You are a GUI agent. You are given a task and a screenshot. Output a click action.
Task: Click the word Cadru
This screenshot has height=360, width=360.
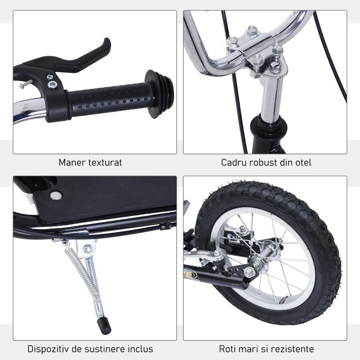(234, 162)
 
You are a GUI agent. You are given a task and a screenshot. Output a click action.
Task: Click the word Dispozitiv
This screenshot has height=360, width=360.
(49, 349)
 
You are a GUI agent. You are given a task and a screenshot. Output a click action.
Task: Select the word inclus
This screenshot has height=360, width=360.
(140, 349)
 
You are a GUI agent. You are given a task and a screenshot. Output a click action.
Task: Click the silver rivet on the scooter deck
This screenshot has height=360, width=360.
(56, 195)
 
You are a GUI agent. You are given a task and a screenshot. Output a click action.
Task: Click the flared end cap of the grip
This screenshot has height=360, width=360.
(162, 92)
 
